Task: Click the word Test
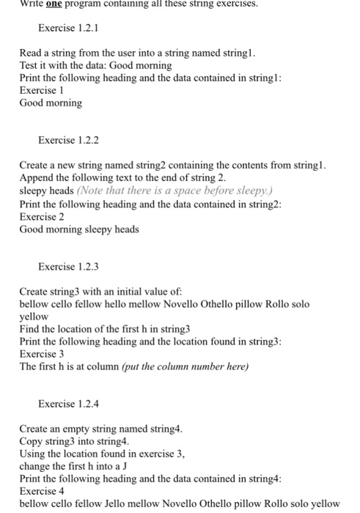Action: point(29,65)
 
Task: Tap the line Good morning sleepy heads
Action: point(79,229)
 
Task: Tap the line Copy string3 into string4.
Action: point(74,441)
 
